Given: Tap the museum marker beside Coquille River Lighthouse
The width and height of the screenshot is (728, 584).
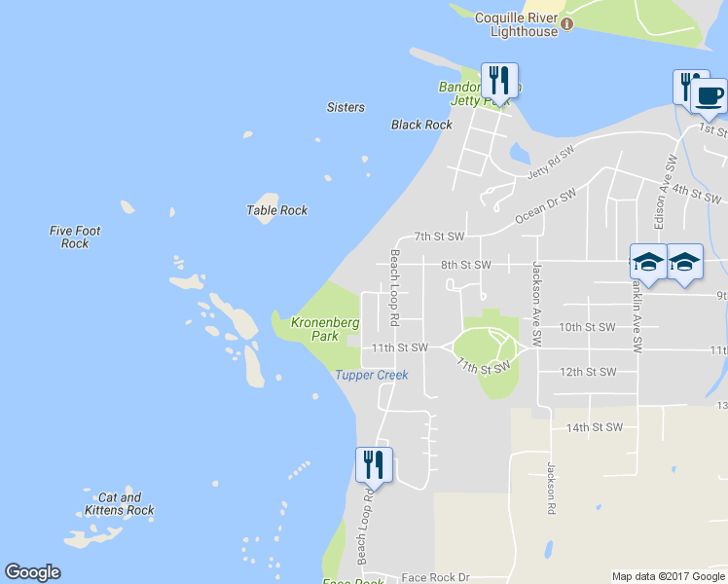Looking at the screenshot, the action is pyautogui.click(x=570, y=24).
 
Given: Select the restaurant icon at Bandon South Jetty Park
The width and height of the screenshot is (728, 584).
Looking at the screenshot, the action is pyautogui.click(x=499, y=82).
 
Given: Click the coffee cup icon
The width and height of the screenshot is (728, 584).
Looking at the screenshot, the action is pyautogui.click(x=709, y=96).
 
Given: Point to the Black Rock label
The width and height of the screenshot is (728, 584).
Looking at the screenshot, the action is pyautogui.click(x=421, y=125).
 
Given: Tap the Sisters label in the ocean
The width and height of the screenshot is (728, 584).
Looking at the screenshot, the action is pyautogui.click(x=346, y=107).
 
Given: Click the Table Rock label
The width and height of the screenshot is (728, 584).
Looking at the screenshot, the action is pyautogui.click(x=277, y=210).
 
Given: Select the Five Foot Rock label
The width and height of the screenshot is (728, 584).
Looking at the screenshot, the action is pyautogui.click(x=75, y=237).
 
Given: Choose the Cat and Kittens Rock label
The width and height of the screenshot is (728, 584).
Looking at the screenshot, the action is pyautogui.click(x=119, y=503).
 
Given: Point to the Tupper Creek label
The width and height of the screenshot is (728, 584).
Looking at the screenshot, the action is pyautogui.click(x=371, y=375).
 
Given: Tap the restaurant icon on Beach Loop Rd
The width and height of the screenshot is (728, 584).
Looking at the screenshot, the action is pyautogui.click(x=372, y=464).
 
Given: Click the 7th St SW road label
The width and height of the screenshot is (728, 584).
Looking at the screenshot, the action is pyautogui.click(x=439, y=237).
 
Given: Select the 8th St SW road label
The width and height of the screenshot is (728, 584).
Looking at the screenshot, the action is pyautogui.click(x=465, y=265).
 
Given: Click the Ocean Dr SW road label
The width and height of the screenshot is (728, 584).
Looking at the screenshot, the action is pyautogui.click(x=545, y=203).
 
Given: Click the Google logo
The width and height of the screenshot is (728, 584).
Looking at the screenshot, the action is pyautogui.click(x=32, y=572).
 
